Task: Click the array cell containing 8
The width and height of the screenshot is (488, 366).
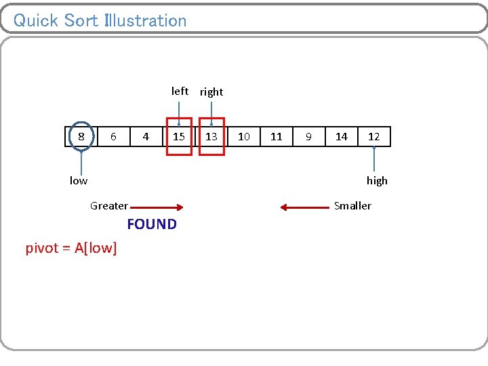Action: point(81,137)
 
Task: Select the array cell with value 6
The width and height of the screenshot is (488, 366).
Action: point(113,137)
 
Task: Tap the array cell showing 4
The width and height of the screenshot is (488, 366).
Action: point(146,137)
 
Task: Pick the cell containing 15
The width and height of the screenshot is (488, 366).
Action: point(179,137)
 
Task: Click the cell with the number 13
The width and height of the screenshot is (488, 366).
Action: point(211,137)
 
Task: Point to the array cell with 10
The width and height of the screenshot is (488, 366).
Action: point(244,137)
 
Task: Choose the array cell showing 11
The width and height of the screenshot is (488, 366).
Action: point(277,137)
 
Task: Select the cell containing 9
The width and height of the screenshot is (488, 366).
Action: point(308,137)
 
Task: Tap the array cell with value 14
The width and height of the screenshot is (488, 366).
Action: point(342,137)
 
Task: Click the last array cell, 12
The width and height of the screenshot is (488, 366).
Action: point(374,137)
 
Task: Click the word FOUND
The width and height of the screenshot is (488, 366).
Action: point(152,224)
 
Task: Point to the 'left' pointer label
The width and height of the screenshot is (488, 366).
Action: point(180,91)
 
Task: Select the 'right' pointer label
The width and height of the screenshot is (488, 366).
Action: point(211,92)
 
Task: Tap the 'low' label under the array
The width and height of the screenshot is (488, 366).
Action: point(79,180)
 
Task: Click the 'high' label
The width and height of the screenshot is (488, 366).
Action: point(377,180)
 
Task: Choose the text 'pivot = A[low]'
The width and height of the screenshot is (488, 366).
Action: point(71,249)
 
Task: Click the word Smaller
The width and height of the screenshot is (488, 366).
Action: point(352,206)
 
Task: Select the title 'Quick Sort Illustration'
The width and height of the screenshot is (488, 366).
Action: point(100,20)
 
